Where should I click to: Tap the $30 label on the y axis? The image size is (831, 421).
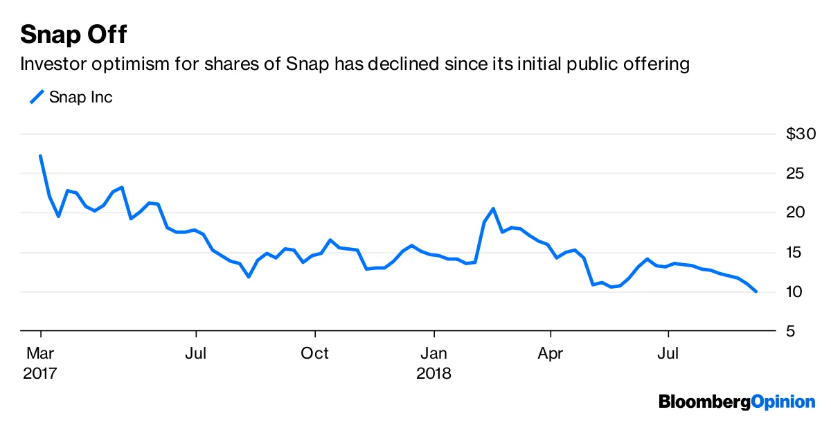pyautogui.click(x=801, y=134)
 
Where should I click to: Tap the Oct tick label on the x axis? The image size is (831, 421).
pyautogui.click(x=315, y=353)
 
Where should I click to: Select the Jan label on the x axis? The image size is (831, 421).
pyautogui.click(x=434, y=353)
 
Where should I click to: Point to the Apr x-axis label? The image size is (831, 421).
pyautogui.click(x=551, y=353)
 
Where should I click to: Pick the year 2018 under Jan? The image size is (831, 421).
pyautogui.click(x=434, y=373)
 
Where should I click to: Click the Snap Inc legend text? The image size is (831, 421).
pyautogui.click(x=80, y=97)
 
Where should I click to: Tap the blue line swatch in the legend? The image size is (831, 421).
pyautogui.click(x=36, y=97)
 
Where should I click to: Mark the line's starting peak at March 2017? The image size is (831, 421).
pyautogui.click(x=41, y=156)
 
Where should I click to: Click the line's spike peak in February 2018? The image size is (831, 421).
pyautogui.click(x=493, y=208)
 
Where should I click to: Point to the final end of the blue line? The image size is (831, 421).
pyautogui.click(x=756, y=292)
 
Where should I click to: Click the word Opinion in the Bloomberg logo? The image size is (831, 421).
pyautogui.click(x=783, y=401)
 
